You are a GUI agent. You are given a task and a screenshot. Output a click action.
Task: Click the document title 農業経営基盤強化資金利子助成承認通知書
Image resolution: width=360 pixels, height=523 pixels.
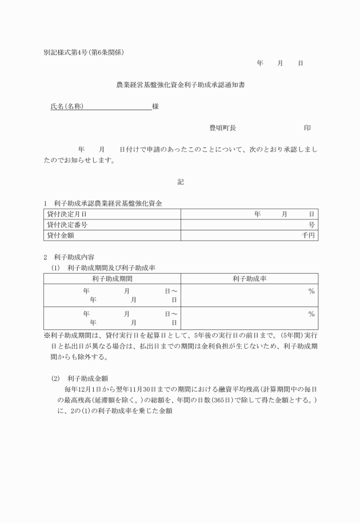click(181, 85)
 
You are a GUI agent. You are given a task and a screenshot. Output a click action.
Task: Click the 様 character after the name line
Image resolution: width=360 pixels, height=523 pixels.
click(155, 107)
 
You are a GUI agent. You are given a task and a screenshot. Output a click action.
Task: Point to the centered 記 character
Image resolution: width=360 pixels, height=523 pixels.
click(181, 182)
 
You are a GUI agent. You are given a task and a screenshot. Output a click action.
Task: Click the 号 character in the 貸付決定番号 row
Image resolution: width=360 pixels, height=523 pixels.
click(311, 225)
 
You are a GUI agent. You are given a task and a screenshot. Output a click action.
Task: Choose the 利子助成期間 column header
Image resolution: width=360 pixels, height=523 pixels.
click(113, 278)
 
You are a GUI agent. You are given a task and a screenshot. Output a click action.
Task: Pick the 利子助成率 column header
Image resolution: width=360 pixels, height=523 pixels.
click(250, 278)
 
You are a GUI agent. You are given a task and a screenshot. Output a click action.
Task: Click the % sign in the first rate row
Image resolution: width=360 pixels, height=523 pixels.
click(311, 291)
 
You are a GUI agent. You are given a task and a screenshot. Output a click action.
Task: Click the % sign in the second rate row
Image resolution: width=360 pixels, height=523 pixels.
click(311, 314)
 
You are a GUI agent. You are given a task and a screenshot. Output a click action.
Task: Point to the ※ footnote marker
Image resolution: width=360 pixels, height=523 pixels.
click(47, 336)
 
